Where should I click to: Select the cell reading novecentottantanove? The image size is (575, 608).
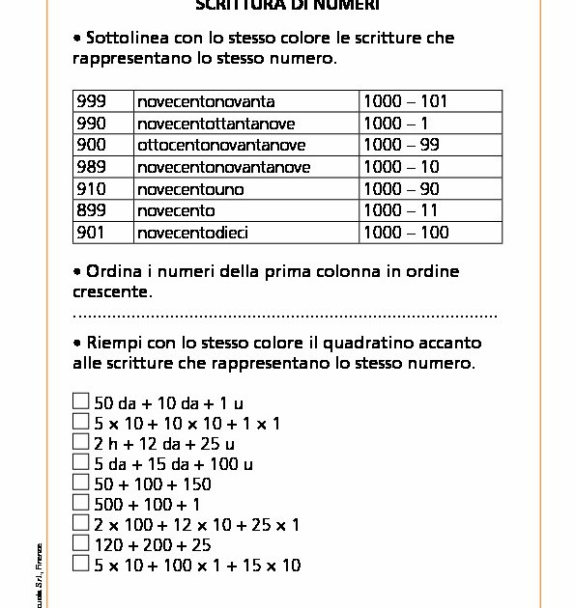[x=201, y=123]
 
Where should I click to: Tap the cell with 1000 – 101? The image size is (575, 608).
[x=405, y=101]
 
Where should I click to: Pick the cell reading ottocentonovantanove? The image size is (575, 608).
[x=221, y=145]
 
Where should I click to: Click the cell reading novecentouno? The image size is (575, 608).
[x=190, y=189]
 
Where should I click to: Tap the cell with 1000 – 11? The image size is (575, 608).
[x=400, y=210]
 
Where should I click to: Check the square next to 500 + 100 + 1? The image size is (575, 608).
[x=81, y=503]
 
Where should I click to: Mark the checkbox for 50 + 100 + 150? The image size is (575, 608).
[x=81, y=482]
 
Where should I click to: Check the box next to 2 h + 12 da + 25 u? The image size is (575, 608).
[x=81, y=441]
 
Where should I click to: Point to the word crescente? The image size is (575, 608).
[x=111, y=291]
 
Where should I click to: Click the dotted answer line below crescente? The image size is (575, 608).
[x=284, y=316]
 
